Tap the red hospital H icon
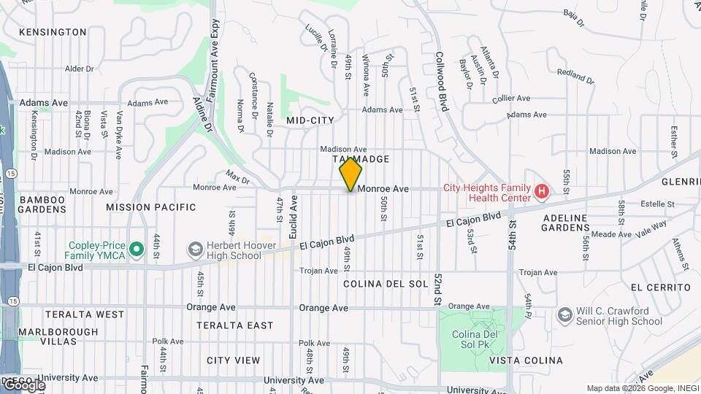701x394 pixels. [541, 192]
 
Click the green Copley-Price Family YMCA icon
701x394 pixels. [136, 250]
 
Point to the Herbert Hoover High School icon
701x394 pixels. [195, 250]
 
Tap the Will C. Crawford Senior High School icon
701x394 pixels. [564, 314]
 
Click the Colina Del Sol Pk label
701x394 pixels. [475, 339]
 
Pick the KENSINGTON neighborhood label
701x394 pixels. [53, 32]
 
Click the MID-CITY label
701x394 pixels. [310, 120]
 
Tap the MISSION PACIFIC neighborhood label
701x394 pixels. [151, 207]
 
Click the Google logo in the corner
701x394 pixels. [23, 385]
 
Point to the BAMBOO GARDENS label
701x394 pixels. [42, 204]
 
